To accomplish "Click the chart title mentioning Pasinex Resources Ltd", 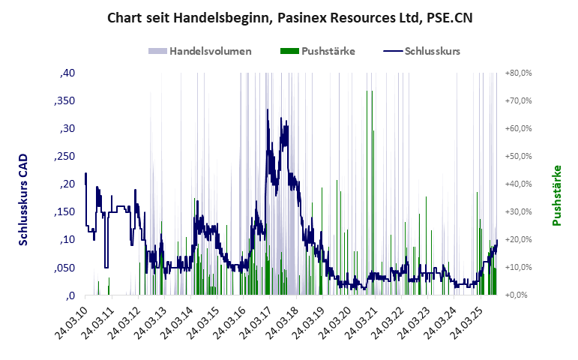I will coord(289,16).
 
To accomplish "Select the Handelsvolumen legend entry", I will coord(200,52).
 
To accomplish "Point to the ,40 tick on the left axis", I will coord(67,73).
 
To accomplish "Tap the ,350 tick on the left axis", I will coord(64,101).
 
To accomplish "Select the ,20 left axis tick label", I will coord(67,184).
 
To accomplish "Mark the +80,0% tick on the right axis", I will coord(518,73).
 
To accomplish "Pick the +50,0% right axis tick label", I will coord(518,157).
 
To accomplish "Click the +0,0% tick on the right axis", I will coord(520,295).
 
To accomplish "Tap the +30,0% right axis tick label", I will coord(518,212).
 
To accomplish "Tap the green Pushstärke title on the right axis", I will coord(557,195).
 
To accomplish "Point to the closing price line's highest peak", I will coord(268,110).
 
